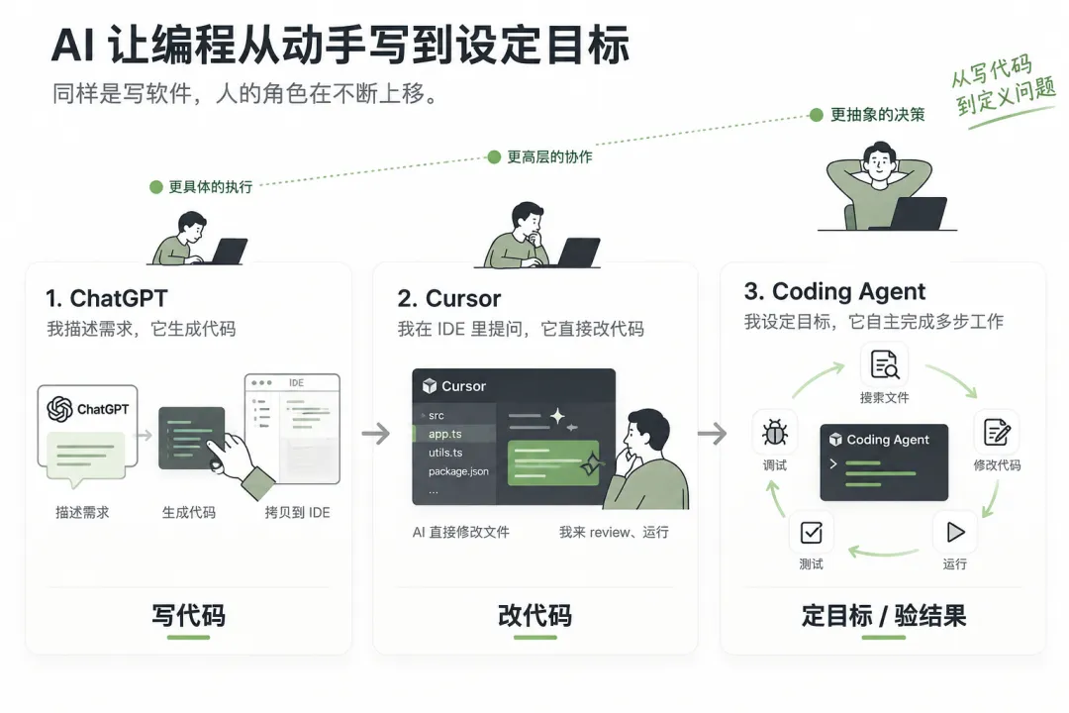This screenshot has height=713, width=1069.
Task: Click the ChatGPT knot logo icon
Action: click(x=60, y=409)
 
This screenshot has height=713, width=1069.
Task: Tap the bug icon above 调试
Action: click(x=774, y=433)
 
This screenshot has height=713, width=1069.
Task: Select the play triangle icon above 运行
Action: click(x=955, y=532)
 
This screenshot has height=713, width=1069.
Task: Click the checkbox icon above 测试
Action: click(x=812, y=532)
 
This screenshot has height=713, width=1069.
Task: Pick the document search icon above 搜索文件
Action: click(x=885, y=364)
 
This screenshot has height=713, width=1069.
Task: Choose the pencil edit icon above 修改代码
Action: click(x=998, y=432)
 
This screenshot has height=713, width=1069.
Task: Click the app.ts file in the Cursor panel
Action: click(x=445, y=434)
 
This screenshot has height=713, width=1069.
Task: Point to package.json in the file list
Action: click(x=458, y=471)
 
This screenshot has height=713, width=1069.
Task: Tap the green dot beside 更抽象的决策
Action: click(x=816, y=115)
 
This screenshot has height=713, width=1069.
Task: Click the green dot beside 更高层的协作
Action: click(x=494, y=157)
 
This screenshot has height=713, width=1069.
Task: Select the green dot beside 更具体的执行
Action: click(x=156, y=187)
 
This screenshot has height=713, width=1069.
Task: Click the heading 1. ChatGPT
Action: click(x=106, y=298)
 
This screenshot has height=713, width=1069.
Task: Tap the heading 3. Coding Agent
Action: click(x=834, y=292)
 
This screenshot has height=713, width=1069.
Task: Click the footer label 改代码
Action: click(x=535, y=615)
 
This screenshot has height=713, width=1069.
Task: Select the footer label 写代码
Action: click(x=188, y=615)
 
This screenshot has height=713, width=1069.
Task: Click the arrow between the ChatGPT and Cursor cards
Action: click(x=376, y=434)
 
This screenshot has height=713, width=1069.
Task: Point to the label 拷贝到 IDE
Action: click(x=297, y=512)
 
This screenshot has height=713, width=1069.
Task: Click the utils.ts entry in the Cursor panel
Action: click(x=445, y=453)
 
